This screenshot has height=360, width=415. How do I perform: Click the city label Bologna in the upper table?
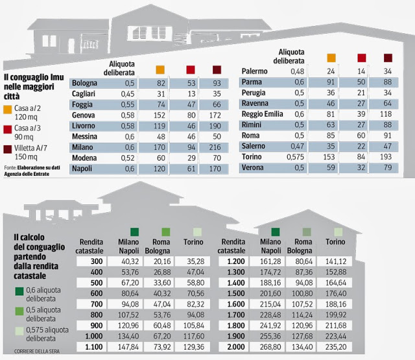click(x=84, y=84)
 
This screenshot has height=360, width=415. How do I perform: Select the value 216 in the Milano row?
click(x=213, y=147)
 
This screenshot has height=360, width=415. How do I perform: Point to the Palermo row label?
click(x=254, y=71)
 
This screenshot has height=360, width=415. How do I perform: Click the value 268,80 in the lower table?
click(x=270, y=347)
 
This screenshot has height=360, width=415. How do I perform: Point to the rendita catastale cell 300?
click(x=95, y=261)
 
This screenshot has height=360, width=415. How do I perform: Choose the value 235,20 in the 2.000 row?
click(x=335, y=347)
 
